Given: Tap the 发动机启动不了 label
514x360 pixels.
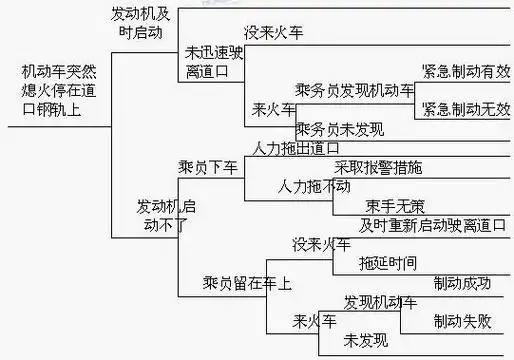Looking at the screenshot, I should pyautogui.click(x=167, y=214).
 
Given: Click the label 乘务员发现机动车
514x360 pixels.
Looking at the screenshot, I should pyautogui.click(x=355, y=91).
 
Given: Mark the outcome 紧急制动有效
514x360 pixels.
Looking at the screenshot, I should pyautogui.click(x=465, y=72).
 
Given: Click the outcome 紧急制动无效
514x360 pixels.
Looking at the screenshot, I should pyautogui.click(x=465, y=108).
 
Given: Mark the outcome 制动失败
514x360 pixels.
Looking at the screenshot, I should pyautogui.click(x=462, y=322).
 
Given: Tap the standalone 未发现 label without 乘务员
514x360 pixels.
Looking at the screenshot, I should pyautogui.click(x=366, y=342).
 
